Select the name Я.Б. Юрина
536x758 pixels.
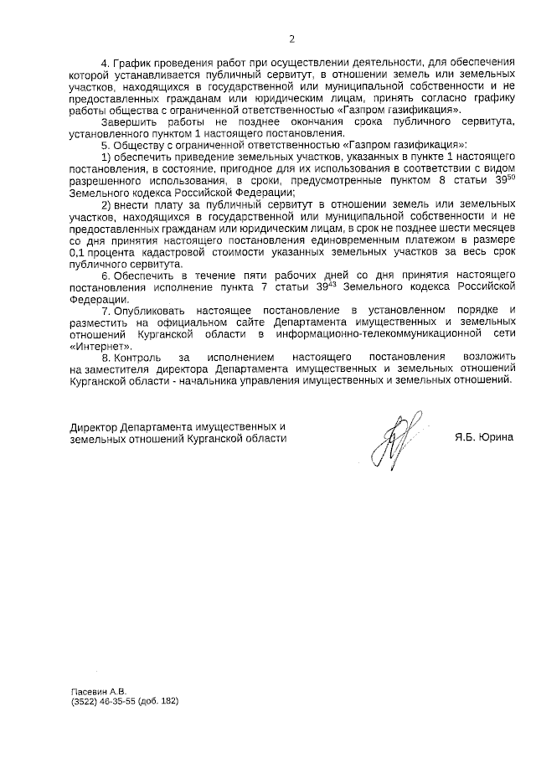pos(485,437)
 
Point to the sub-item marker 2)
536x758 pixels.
pos(106,204)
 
